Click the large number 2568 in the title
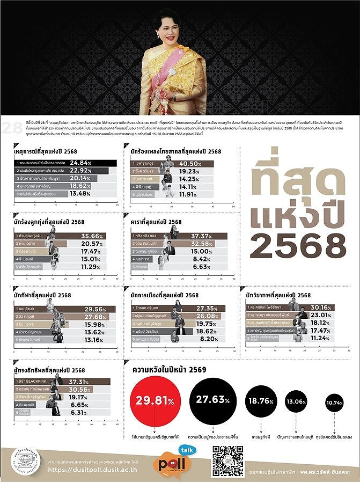pyautogui.click(x=297, y=246)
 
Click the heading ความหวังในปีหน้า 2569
pyautogui.click(x=169, y=370)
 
